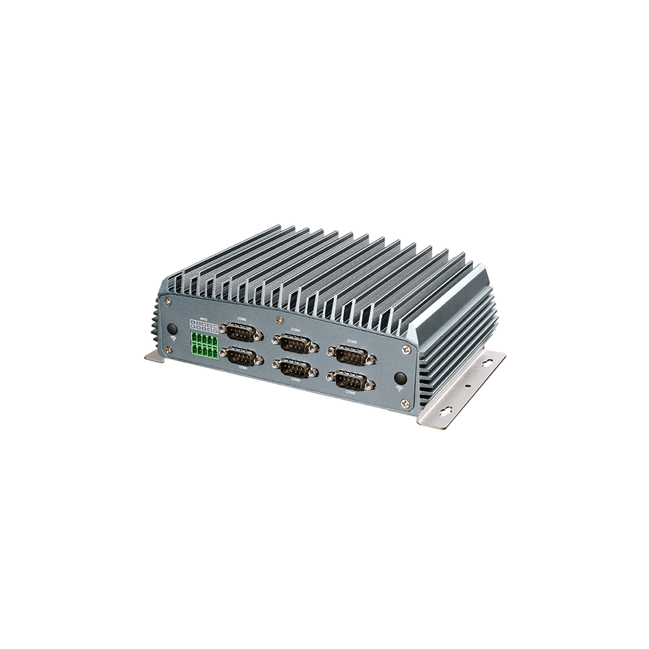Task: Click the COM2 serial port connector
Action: click(241, 332)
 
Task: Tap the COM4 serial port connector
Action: click(295, 343)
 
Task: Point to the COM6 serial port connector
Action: click(351, 354)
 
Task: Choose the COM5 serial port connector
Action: click(351, 380)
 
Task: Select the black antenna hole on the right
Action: click(400, 378)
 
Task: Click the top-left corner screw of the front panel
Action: click(168, 301)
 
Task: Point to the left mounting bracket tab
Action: click(154, 356)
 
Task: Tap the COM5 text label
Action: click(350, 393)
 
